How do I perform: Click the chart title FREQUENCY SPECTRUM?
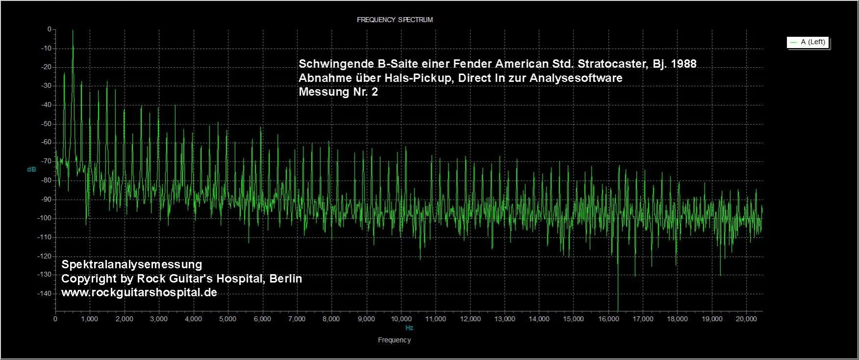pos(394,20)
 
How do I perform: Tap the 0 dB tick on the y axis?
pos(49,29)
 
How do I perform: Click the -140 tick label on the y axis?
pos(45,293)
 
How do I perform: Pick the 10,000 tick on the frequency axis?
pos(401,319)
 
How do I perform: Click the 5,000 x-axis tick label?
pos(228,319)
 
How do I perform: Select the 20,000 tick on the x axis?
pos(746,319)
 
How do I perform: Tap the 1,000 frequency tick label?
pos(90,319)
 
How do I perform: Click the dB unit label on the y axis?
pos(31,169)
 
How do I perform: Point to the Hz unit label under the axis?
pos(409,328)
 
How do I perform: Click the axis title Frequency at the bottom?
pos(394,340)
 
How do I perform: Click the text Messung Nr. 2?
pos(338,92)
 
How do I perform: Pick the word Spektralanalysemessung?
pos(131,264)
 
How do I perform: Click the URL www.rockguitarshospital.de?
pos(139,292)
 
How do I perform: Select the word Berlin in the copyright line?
pos(286,279)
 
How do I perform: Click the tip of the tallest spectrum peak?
pos(73,31)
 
